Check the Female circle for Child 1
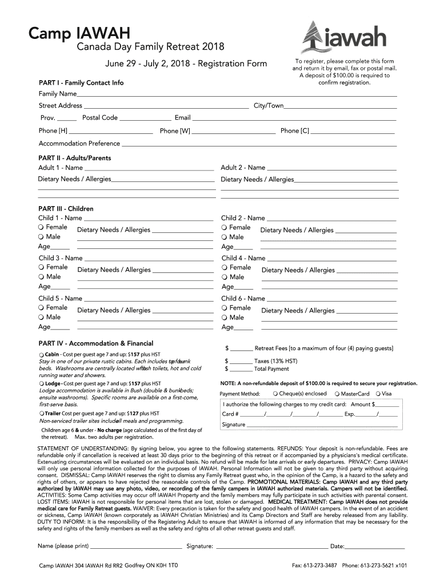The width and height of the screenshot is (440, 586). [x=42, y=227]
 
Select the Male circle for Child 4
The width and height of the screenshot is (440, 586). [x=225, y=277]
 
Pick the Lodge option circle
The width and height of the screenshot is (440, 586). [x=42, y=383]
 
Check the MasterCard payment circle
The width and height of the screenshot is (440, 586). [x=337, y=394]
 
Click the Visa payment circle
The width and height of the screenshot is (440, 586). [x=378, y=394]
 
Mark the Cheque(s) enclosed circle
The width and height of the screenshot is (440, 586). [x=275, y=394]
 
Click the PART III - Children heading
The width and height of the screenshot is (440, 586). [x=66, y=209]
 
